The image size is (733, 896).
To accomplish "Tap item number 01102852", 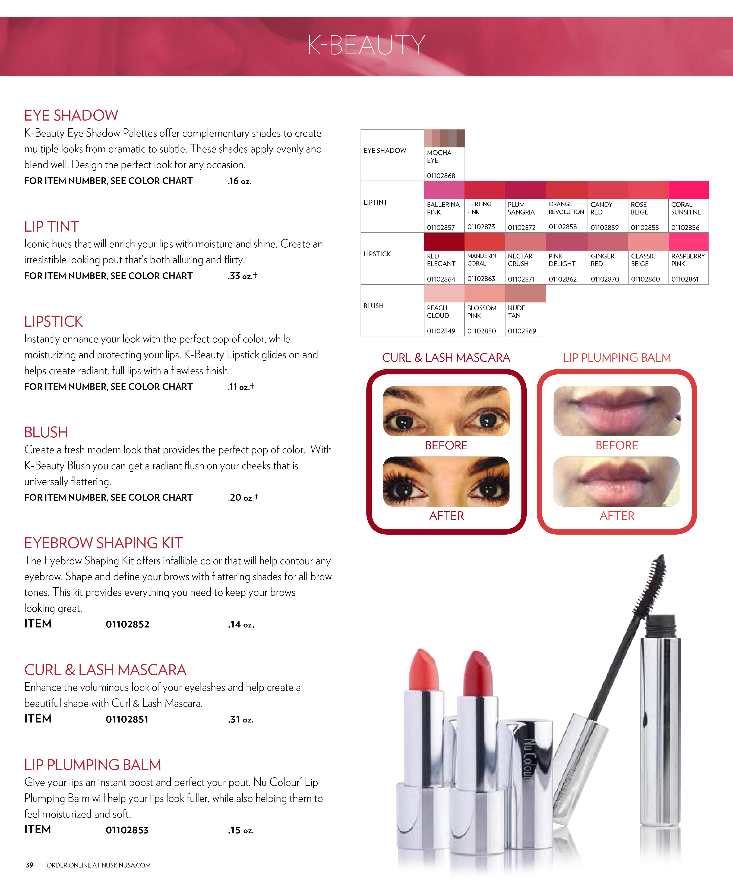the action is pos(128,624).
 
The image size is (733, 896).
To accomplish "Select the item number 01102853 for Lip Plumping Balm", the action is pos(127,830).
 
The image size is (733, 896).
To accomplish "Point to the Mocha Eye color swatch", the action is pos(444,138).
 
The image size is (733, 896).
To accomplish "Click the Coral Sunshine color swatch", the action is pos(688,190).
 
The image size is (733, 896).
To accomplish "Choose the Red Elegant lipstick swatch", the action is pos(444,242).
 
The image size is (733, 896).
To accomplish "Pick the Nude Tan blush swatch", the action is pos(525,294).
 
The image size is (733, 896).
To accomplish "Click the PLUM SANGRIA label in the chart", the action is pos(521,208).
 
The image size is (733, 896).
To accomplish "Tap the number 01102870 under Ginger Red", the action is pos(605,279).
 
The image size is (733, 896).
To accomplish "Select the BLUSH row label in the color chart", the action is pos(374,306).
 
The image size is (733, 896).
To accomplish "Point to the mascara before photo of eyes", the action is pos(446,411).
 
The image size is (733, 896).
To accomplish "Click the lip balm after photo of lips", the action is pos(617,481).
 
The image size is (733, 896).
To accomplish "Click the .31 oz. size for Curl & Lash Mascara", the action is pos(241,719).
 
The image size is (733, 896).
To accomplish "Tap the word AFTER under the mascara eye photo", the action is pos(446,516).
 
